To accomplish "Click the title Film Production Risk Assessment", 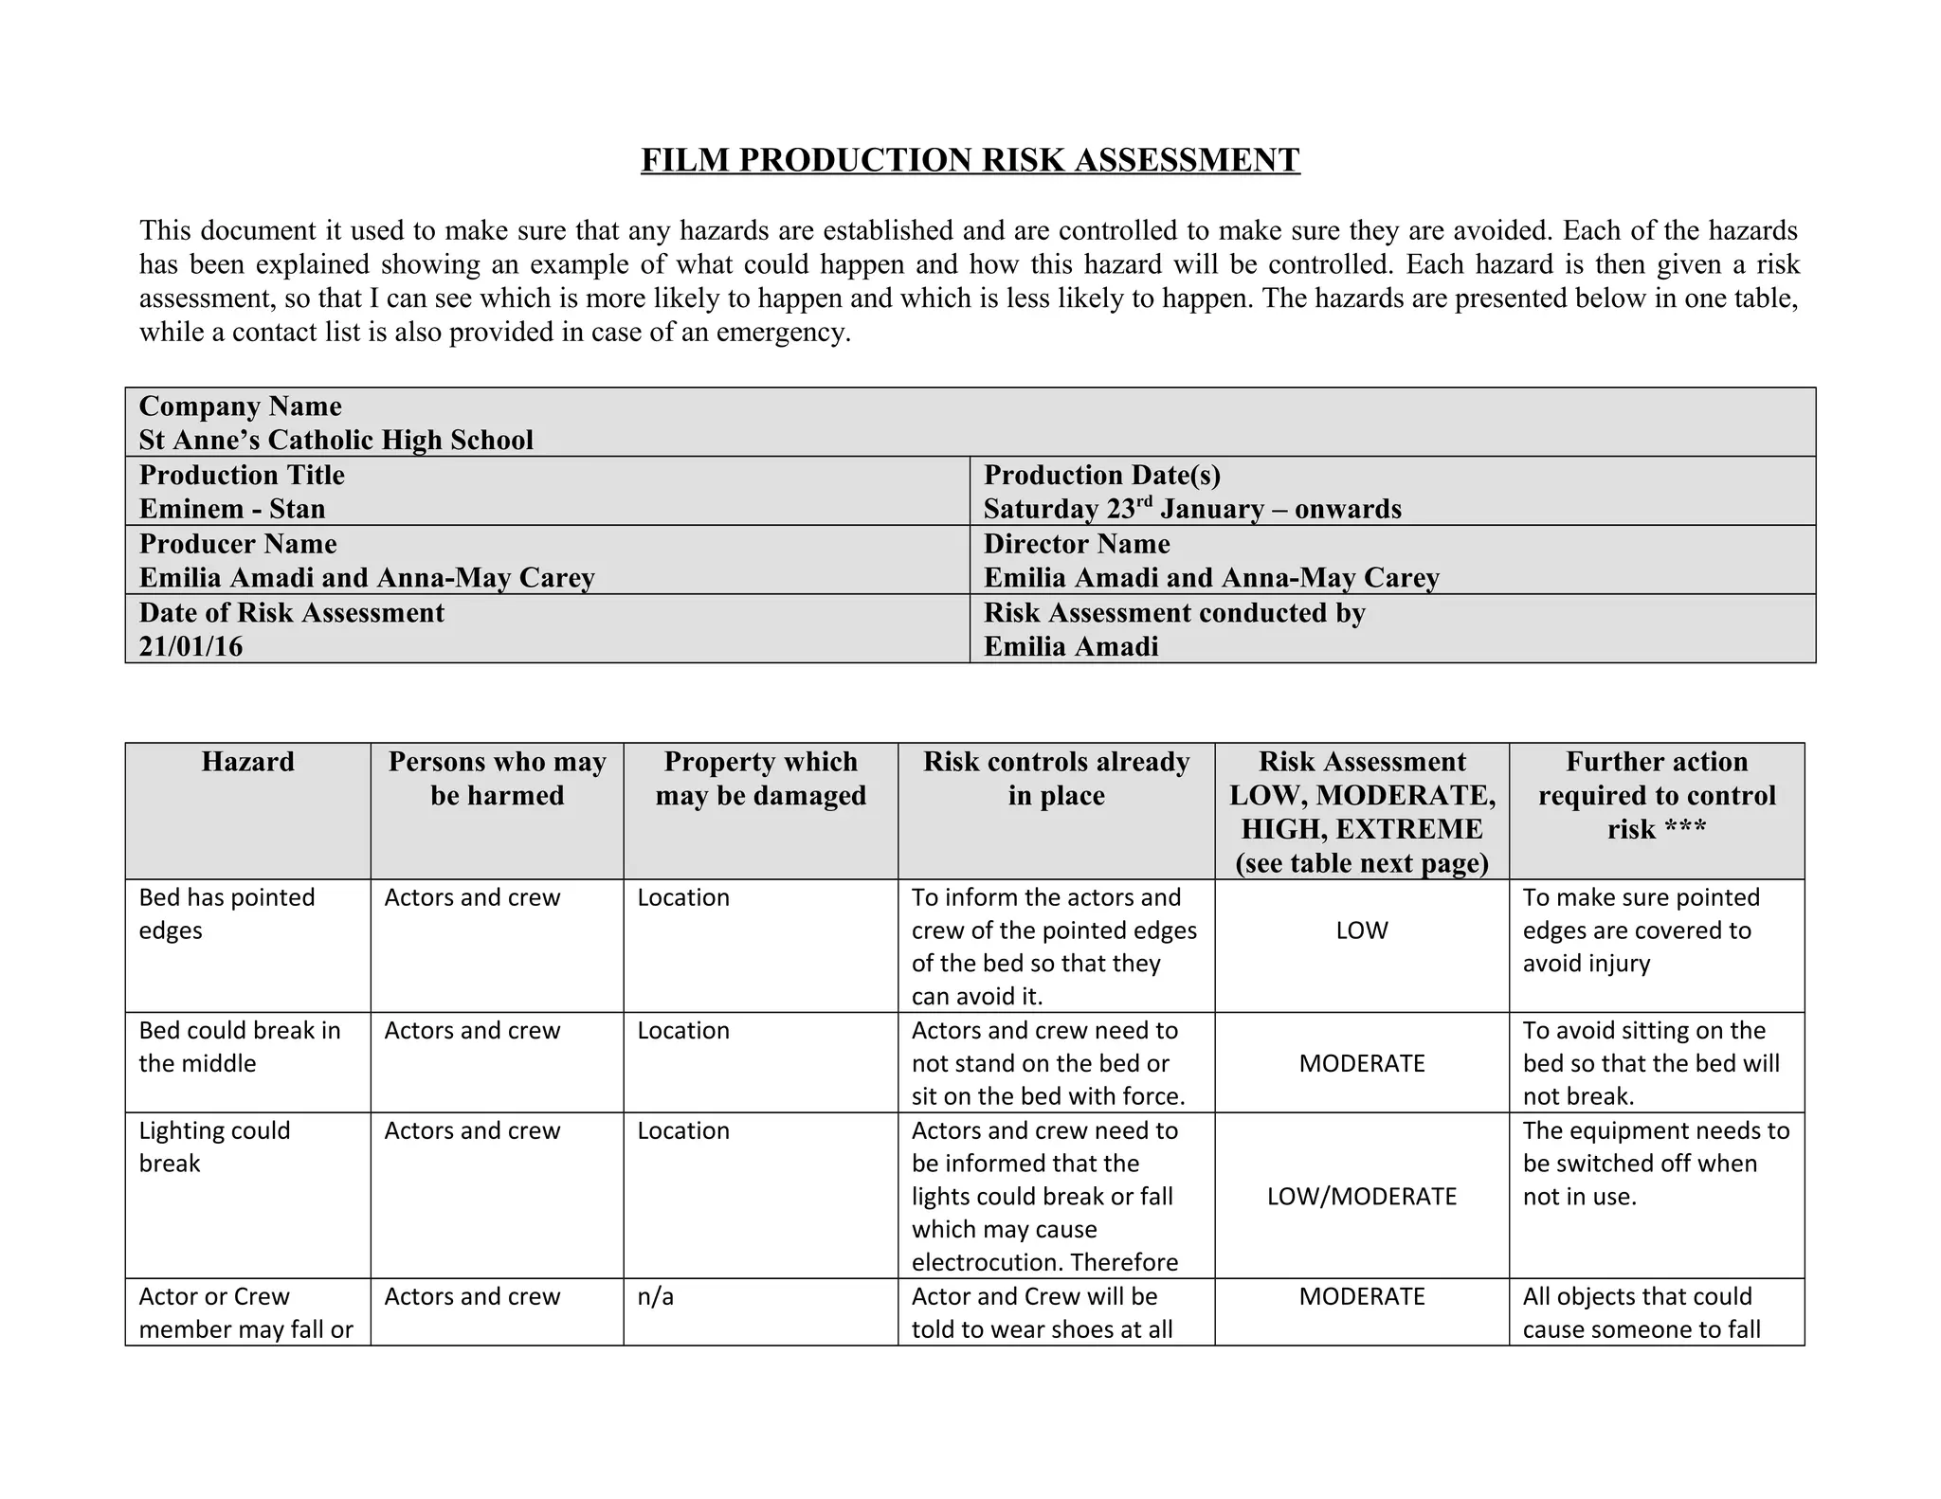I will (970, 160).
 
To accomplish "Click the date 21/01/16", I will (190, 646).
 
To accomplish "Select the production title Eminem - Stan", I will (232, 509).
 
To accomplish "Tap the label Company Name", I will (240, 406).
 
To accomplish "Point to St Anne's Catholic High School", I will (336, 440).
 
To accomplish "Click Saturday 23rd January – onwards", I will (1191, 509).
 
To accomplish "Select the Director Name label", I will (1076, 544).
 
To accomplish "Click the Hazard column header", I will (247, 762).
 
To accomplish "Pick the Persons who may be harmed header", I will (497, 778).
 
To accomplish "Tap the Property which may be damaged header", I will (760, 778).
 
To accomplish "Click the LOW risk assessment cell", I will (1361, 930).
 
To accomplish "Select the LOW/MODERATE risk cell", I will (1361, 1197).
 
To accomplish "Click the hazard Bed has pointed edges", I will (227, 913).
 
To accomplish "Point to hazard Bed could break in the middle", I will (239, 1046).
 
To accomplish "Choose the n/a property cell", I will (655, 1296).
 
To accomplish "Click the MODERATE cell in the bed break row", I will (1361, 1063).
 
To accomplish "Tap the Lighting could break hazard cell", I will (214, 1147).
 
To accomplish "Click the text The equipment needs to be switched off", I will (1655, 1147).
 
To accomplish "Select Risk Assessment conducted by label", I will (1173, 613).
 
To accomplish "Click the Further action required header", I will (1656, 795).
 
